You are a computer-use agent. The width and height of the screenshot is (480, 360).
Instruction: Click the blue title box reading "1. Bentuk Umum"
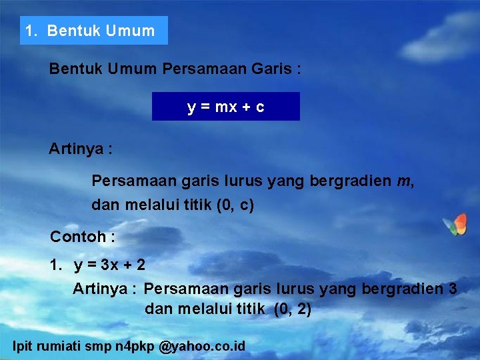point(93,31)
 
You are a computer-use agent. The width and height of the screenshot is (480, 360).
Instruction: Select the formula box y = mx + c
point(225,107)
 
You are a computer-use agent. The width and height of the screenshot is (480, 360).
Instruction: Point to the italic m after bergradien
point(403,181)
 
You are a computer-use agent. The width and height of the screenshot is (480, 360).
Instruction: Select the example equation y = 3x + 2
point(109,265)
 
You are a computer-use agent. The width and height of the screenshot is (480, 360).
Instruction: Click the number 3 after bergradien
point(453,289)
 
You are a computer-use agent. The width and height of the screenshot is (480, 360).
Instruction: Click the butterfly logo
point(455,225)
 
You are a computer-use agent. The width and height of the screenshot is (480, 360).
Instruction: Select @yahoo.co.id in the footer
point(203,346)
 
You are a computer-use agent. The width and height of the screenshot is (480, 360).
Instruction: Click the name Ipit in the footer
point(23,346)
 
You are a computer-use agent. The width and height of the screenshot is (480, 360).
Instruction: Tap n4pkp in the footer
point(133,346)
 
